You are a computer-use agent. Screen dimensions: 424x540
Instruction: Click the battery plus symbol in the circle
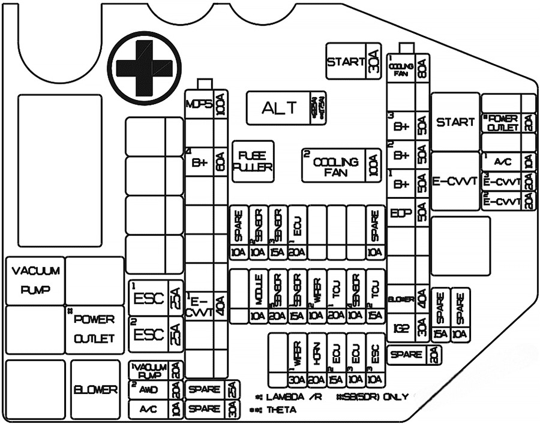[x=143, y=68]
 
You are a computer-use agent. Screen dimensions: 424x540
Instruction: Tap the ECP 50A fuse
[x=408, y=213]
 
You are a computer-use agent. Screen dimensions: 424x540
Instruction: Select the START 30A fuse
[x=354, y=62]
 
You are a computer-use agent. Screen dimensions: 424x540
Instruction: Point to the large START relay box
[x=455, y=122]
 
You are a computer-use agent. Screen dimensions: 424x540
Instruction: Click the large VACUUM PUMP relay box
[x=35, y=280]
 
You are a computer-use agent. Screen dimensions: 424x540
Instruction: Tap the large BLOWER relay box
[x=96, y=389]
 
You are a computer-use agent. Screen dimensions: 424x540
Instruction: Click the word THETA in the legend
[x=280, y=410]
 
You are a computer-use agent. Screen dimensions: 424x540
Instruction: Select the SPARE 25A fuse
[x=212, y=389]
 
